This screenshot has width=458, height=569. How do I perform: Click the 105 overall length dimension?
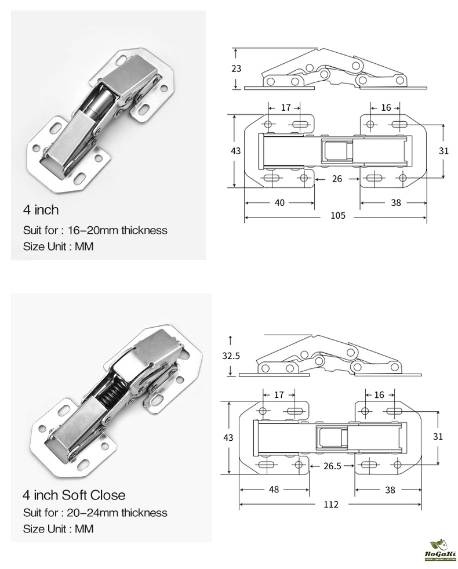click(x=337, y=216)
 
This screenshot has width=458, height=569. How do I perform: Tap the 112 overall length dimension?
click(x=330, y=504)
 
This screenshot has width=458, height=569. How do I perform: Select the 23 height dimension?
click(x=236, y=69)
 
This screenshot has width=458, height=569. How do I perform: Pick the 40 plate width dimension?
click(x=279, y=202)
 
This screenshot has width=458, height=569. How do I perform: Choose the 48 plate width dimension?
click(x=274, y=490)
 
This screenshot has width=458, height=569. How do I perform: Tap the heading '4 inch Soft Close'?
click(x=74, y=495)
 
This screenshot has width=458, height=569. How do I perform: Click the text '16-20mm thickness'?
click(x=117, y=230)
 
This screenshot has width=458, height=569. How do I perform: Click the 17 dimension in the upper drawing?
click(x=285, y=107)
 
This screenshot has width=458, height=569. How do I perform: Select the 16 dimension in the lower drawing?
click(x=380, y=395)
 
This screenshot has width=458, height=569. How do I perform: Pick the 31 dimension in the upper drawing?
click(x=444, y=150)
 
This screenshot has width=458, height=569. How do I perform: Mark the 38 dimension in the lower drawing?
click(x=390, y=490)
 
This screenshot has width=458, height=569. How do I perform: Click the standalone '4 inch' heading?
click(x=41, y=209)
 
